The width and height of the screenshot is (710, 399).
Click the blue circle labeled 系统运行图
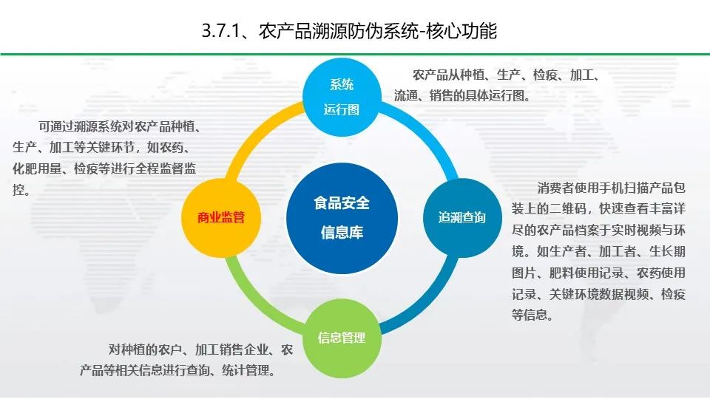(x=342, y=96)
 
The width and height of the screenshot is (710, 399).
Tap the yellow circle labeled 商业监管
(x=220, y=217)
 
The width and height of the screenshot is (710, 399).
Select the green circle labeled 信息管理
(x=341, y=338)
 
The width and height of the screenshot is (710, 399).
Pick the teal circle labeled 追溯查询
(x=461, y=217)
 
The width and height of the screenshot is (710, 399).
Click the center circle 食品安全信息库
(x=341, y=217)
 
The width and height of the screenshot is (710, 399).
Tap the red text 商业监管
(x=220, y=217)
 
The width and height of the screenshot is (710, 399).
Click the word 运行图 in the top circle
(x=342, y=109)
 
